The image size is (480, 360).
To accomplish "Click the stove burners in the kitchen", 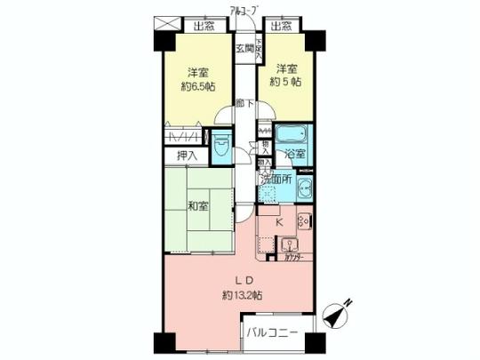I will coord(302,221).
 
